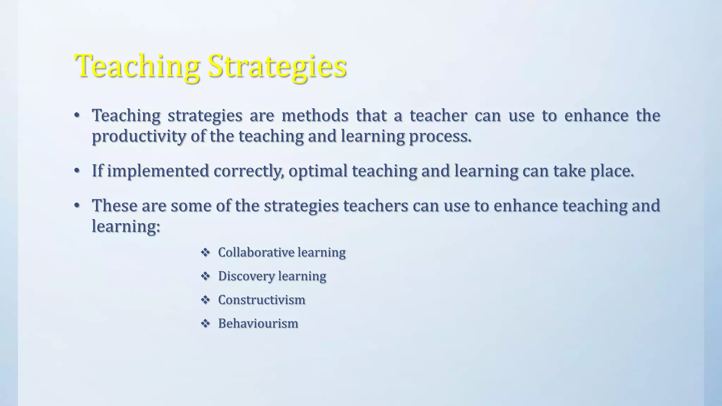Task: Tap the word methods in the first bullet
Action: (x=315, y=116)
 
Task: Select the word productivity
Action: (x=139, y=136)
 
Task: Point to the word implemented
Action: (x=158, y=171)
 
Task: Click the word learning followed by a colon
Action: (x=126, y=226)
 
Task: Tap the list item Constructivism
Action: (x=262, y=300)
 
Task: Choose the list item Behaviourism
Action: (x=258, y=324)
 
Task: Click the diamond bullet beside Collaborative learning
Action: (x=205, y=252)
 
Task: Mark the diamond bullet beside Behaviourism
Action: (x=205, y=324)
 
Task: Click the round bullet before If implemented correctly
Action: (x=77, y=171)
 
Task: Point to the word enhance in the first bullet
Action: (x=596, y=116)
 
